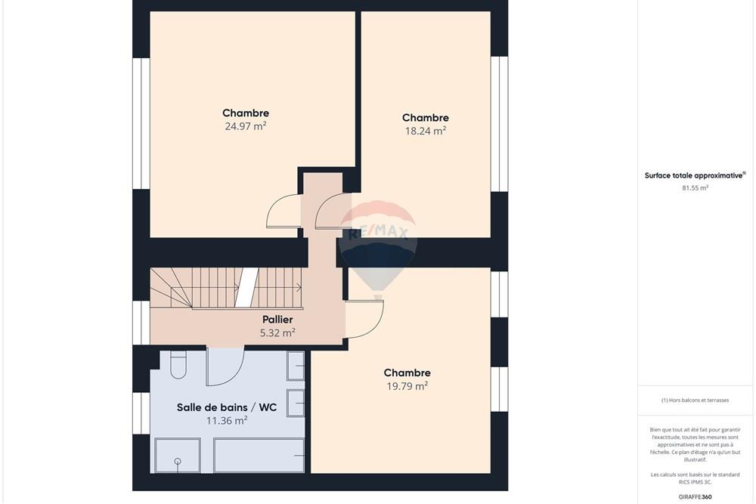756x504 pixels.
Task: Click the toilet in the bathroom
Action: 178,366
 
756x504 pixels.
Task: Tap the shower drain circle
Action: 178,461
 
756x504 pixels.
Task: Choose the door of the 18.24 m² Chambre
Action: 333,211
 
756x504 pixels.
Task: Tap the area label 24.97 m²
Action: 245,126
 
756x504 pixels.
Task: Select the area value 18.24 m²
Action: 425,130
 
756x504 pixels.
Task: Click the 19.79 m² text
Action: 407,385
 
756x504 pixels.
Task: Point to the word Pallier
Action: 277,320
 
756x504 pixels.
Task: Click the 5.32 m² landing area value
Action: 277,332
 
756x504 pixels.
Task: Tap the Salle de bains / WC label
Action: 227,407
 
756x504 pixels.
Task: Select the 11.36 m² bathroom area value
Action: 227,421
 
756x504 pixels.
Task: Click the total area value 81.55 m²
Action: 695,187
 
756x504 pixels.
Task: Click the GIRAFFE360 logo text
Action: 696,496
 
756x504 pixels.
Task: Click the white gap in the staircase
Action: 246,287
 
